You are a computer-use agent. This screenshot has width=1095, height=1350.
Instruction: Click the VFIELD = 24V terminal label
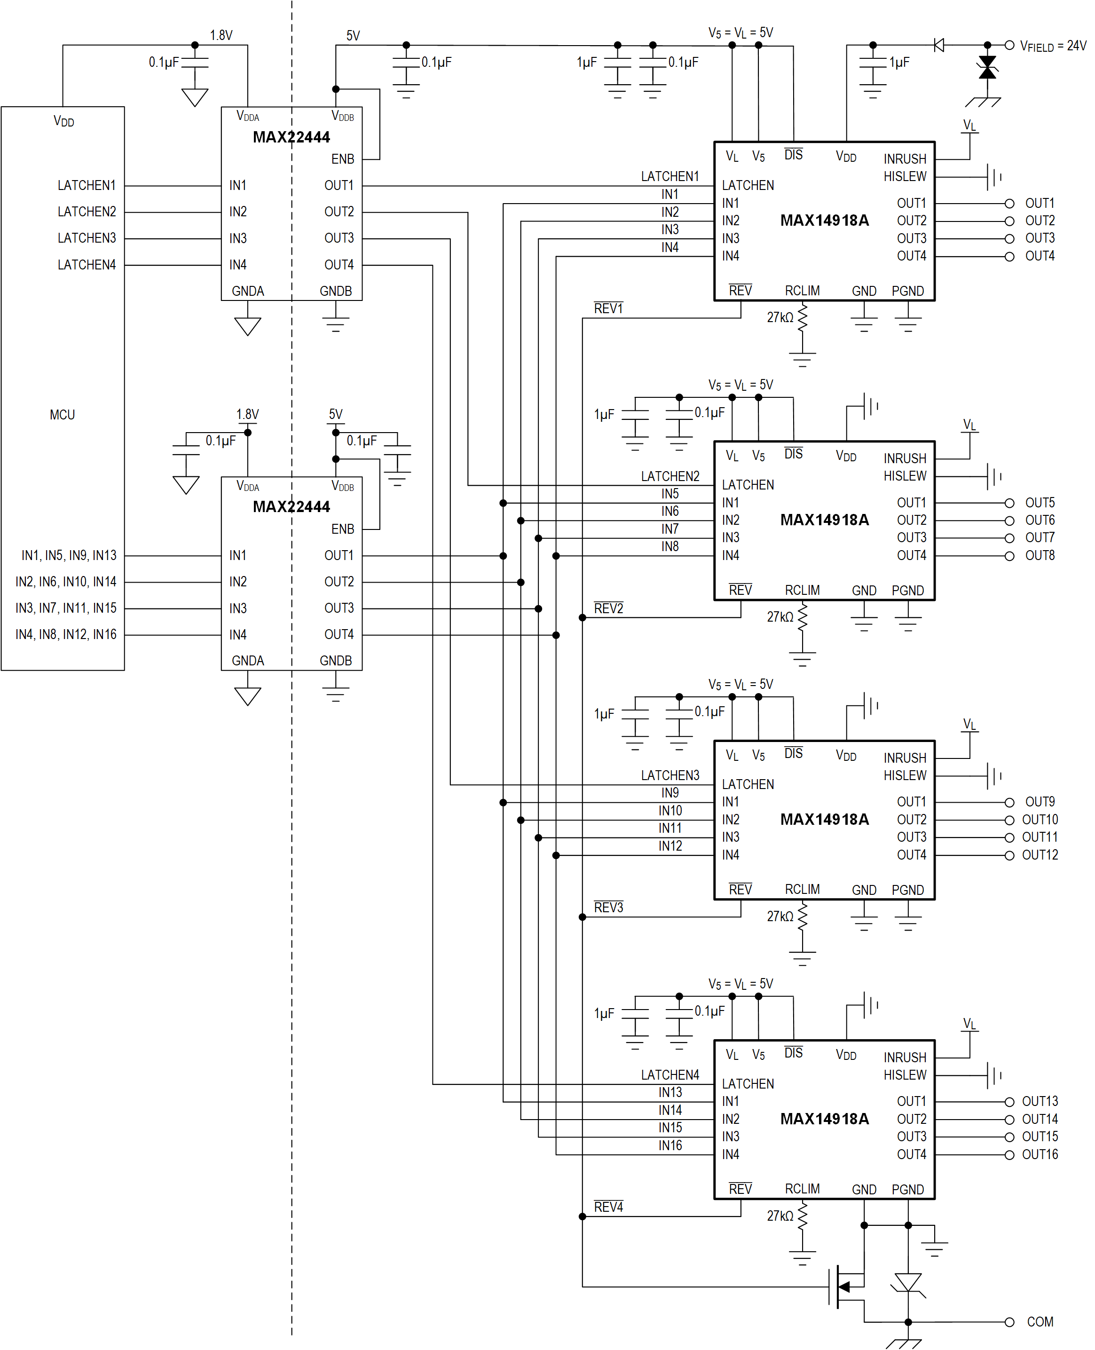click(1053, 46)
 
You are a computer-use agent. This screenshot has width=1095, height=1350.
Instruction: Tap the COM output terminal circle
click(1009, 1322)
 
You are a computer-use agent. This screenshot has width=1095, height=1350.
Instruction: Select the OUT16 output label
click(1040, 1154)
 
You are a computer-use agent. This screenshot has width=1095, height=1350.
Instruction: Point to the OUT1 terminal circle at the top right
click(1009, 203)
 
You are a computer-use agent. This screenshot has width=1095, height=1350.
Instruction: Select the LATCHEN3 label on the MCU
click(87, 238)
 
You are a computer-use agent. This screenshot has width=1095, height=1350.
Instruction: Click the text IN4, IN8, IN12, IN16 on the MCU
click(66, 635)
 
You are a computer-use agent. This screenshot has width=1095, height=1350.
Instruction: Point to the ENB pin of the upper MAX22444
click(342, 159)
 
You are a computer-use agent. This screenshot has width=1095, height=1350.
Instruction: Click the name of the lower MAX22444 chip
click(291, 506)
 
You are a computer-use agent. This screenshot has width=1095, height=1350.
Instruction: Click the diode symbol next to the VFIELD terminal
click(938, 46)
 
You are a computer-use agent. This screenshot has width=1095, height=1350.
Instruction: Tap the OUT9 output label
click(1040, 802)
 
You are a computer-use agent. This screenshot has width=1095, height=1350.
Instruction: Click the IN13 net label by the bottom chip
click(670, 1092)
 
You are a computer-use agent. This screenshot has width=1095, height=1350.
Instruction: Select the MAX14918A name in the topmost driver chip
click(824, 220)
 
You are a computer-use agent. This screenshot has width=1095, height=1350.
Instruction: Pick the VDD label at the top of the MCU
click(64, 121)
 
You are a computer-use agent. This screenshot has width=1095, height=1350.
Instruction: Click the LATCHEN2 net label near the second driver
click(670, 476)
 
